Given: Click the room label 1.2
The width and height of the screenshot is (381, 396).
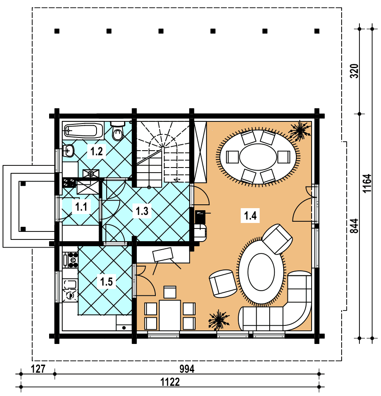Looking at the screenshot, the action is [x=97, y=151].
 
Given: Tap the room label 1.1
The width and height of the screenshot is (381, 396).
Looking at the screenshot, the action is [x=81, y=207].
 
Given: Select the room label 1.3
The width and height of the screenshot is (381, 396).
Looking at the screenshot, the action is [x=142, y=211].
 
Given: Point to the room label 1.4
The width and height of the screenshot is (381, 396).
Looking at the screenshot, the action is [x=250, y=215].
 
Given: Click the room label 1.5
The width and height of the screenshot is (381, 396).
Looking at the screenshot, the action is [x=106, y=282].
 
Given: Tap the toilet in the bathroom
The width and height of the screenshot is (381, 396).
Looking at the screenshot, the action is [x=118, y=131].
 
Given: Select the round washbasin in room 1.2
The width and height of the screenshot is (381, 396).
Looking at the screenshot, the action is [x=68, y=151].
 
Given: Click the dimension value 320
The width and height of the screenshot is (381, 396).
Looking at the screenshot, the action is [x=354, y=71].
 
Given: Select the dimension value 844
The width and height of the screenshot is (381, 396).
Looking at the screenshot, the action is [x=354, y=226].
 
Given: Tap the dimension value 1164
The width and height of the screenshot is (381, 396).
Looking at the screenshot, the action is [x=367, y=184].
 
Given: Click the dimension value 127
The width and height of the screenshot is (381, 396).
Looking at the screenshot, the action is [x=38, y=369].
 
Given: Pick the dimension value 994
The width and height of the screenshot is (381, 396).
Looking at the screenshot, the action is [x=187, y=369].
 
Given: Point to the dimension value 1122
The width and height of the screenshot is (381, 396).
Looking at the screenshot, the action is [x=170, y=382].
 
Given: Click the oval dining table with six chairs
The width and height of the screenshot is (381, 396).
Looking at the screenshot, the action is [x=258, y=157].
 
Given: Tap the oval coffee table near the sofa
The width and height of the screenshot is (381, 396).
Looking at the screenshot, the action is [x=261, y=272].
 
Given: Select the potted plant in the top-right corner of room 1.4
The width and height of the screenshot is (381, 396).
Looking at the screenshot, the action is [x=300, y=130].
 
